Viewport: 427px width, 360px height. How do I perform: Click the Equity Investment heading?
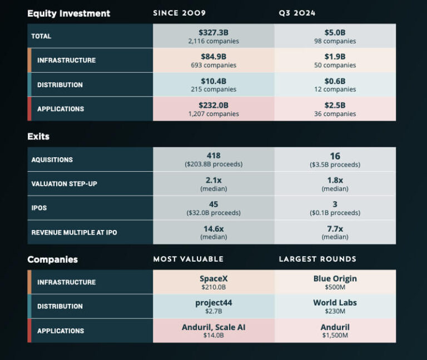click(x=69, y=13)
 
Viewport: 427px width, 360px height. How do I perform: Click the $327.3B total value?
click(x=213, y=32)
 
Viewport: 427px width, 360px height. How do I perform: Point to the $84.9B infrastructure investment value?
click(x=213, y=57)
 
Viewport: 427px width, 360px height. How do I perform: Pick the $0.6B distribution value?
click(x=335, y=81)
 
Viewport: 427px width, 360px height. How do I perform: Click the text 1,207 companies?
click(x=213, y=114)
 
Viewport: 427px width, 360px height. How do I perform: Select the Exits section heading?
click(x=38, y=136)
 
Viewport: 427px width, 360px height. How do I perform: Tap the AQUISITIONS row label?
click(x=52, y=160)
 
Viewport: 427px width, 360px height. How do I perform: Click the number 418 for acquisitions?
click(x=213, y=156)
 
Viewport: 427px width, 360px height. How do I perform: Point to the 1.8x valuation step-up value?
click(x=335, y=180)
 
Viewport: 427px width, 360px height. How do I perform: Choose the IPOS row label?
click(x=40, y=208)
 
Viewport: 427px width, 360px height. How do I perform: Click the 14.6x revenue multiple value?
click(x=213, y=228)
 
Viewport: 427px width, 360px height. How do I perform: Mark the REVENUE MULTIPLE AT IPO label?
click(x=75, y=232)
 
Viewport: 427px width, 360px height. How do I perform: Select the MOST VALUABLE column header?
click(x=188, y=259)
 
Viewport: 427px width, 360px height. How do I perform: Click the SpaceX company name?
click(x=213, y=278)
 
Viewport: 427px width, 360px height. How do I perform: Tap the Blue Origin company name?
click(x=335, y=278)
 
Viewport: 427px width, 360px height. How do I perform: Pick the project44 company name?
click(x=213, y=303)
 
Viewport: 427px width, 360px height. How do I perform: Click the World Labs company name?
click(x=335, y=303)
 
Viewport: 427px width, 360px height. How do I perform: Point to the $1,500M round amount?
click(x=335, y=336)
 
